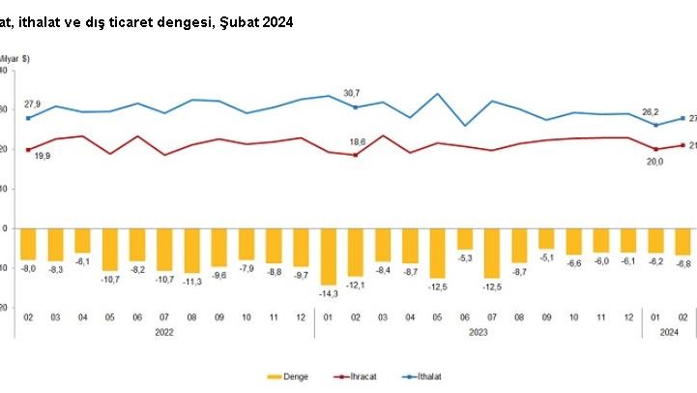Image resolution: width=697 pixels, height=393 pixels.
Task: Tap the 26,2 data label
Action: [x=654, y=110]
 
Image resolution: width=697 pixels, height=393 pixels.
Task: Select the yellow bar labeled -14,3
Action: [x=330, y=256]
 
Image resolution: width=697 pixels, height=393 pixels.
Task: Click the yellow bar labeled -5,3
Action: [x=466, y=238]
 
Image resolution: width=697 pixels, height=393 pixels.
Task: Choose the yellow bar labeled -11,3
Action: [x=192, y=250]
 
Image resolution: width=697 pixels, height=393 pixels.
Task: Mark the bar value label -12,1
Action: [x=357, y=286]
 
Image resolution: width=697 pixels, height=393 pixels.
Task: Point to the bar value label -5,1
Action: [x=547, y=258]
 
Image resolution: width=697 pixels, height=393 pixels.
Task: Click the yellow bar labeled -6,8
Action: [x=682, y=241]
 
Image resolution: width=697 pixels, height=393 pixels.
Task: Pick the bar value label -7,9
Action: [x=247, y=268]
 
